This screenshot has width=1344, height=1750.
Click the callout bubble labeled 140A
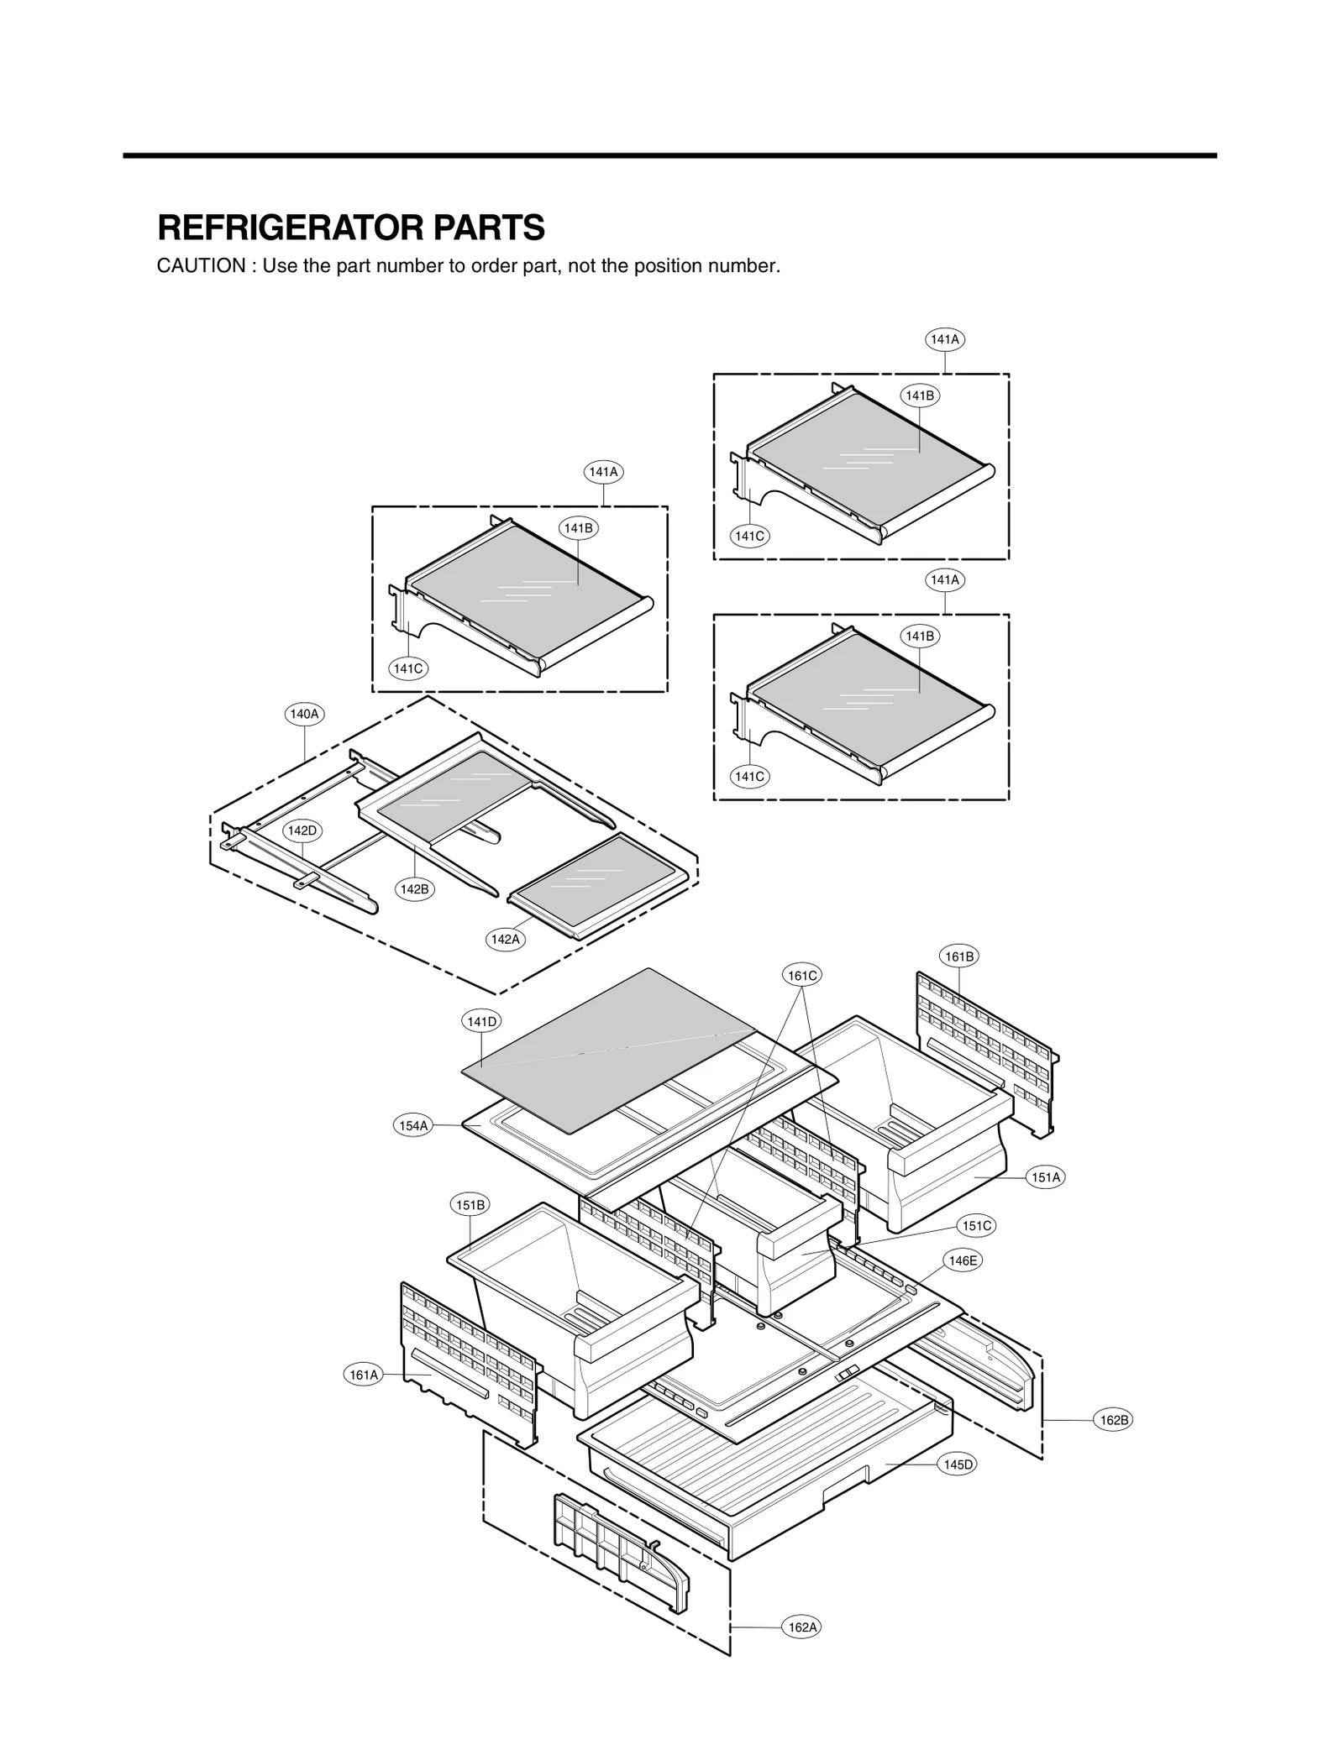click(x=304, y=715)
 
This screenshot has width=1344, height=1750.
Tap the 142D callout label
click(x=302, y=830)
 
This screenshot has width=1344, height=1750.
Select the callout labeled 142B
click(x=415, y=889)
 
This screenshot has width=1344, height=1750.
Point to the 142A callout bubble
click(x=506, y=940)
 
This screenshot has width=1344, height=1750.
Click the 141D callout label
click(x=481, y=1022)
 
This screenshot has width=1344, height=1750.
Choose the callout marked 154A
click(x=413, y=1126)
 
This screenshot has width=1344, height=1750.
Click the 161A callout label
click(x=364, y=1375)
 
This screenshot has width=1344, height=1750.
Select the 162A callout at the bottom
click(x=801, y=1627)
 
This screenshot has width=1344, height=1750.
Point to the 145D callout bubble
click(x=958, y=1464)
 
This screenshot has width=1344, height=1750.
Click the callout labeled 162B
click(x=1114, y=1420)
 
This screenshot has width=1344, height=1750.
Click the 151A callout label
click(x=1046, y=1177)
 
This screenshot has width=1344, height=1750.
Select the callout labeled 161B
click(x=959, y=956)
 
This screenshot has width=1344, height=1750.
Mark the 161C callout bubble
click(x=801, y=976)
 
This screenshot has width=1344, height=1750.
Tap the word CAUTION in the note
click(x=201, y=266)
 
